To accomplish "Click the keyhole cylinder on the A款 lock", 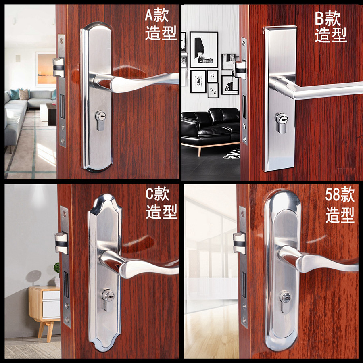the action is point(101,120).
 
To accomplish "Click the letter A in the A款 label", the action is point(150,15).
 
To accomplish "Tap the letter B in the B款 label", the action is point(320,19).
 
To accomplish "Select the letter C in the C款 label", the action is point(150,194).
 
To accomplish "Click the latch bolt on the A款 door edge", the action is point(58,67).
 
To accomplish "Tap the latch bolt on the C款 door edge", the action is point(61,243).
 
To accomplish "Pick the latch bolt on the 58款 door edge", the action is point(239,243).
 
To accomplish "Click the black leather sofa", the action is point(211,126).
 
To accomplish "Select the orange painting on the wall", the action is point(46,69).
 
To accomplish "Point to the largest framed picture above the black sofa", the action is point(204,49).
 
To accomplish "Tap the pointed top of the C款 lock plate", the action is point(105,196).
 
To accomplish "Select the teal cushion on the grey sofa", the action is point(15,94).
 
